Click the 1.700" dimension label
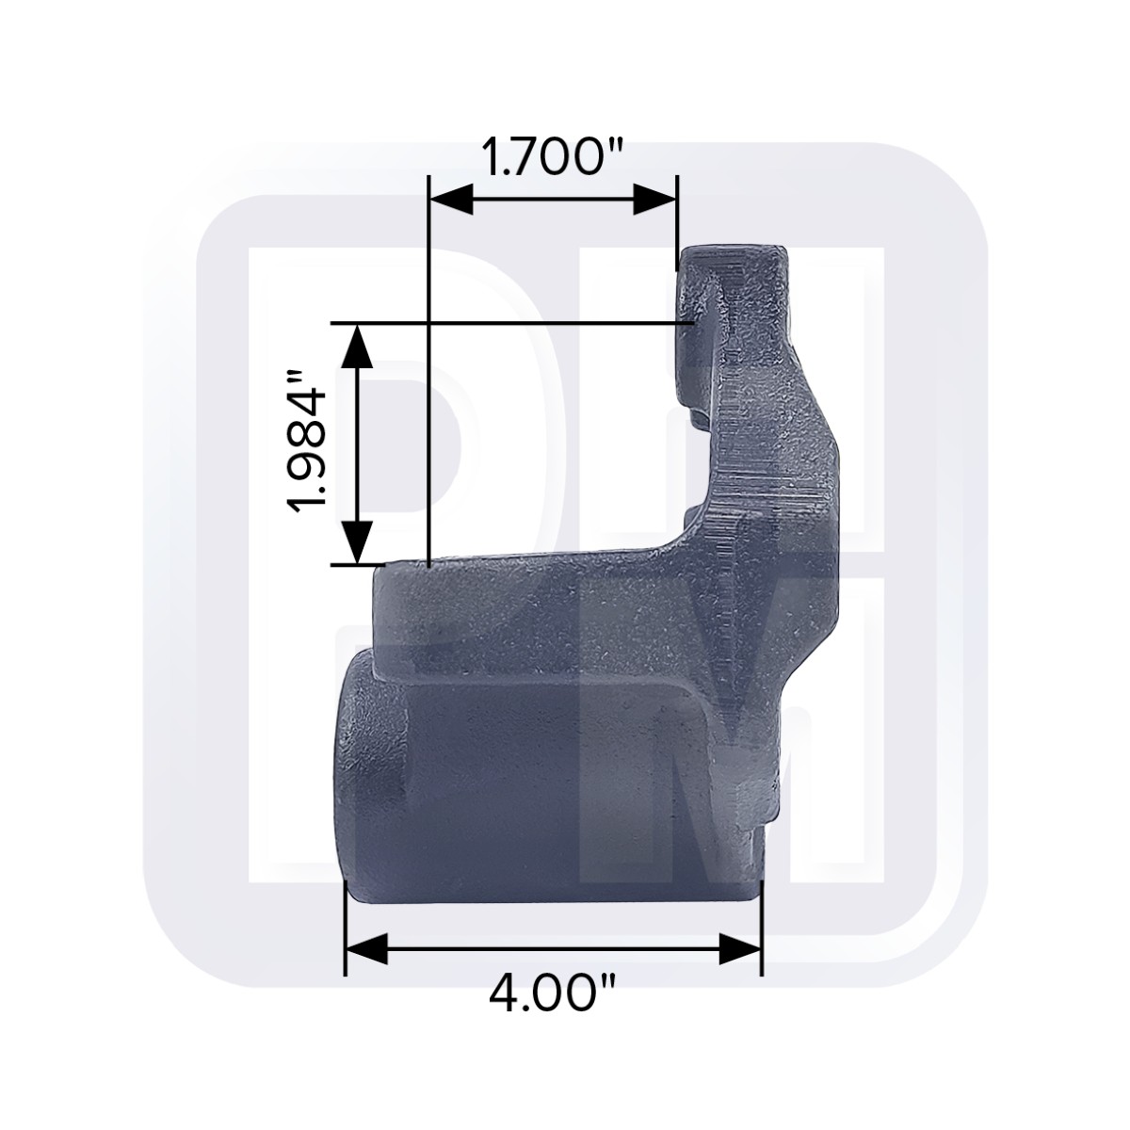pyautogui.click(x=554, y=156)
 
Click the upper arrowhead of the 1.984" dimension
pyautogui.click(x=356, y=345)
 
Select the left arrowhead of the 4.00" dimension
pyautogui.click(x=367, y=949)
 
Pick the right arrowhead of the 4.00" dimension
pyautogui.click(x=740, y=949)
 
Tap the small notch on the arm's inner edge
pyautogui.click(x=694, y=414)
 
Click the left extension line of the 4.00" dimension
pyautogui.click(x=347, y=928)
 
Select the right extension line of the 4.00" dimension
pyautogui.click(x=761, y=928)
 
